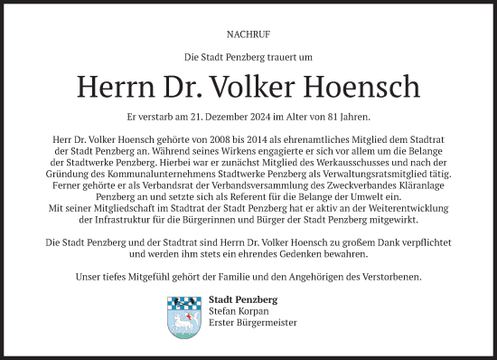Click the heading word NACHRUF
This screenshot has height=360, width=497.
point(248,36)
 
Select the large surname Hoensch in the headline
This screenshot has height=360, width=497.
point(373,87)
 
